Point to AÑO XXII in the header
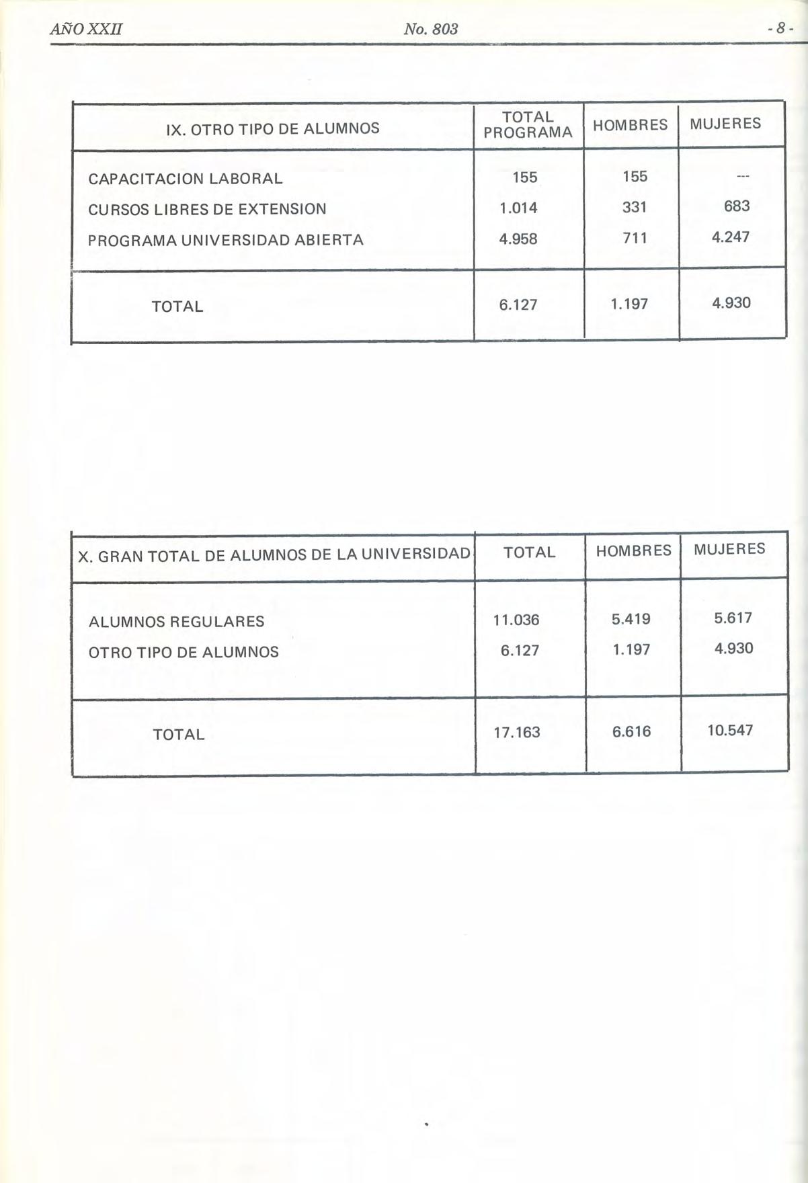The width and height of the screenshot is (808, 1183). tap(85, 30)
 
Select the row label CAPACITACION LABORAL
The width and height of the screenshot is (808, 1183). tap(186, 179)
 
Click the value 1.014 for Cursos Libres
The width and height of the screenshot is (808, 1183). tap(518, 208)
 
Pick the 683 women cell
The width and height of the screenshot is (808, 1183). tap(737, 206)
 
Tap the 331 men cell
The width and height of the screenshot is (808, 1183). tap(634, 208)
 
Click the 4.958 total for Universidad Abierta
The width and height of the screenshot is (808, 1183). tap(518, 239)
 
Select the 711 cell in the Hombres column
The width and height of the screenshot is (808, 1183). tap(634, 237)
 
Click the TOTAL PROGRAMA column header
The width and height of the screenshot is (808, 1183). tap(528, 125)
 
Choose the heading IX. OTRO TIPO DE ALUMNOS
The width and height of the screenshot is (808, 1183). tap(272, 128)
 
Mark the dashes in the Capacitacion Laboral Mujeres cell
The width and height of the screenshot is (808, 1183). tap(742, 177)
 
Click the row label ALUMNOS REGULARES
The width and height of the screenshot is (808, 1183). tap(177, 622)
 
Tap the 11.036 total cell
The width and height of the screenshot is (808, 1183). tap(516, 620)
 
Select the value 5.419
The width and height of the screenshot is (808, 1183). tap(631, 619)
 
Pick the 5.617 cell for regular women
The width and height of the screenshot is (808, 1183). tap(733, 618)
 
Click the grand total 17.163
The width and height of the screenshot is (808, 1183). tap(517, 733)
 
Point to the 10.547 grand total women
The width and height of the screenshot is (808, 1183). tap(730, 730)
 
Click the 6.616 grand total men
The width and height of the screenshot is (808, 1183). tap(631, 731)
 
